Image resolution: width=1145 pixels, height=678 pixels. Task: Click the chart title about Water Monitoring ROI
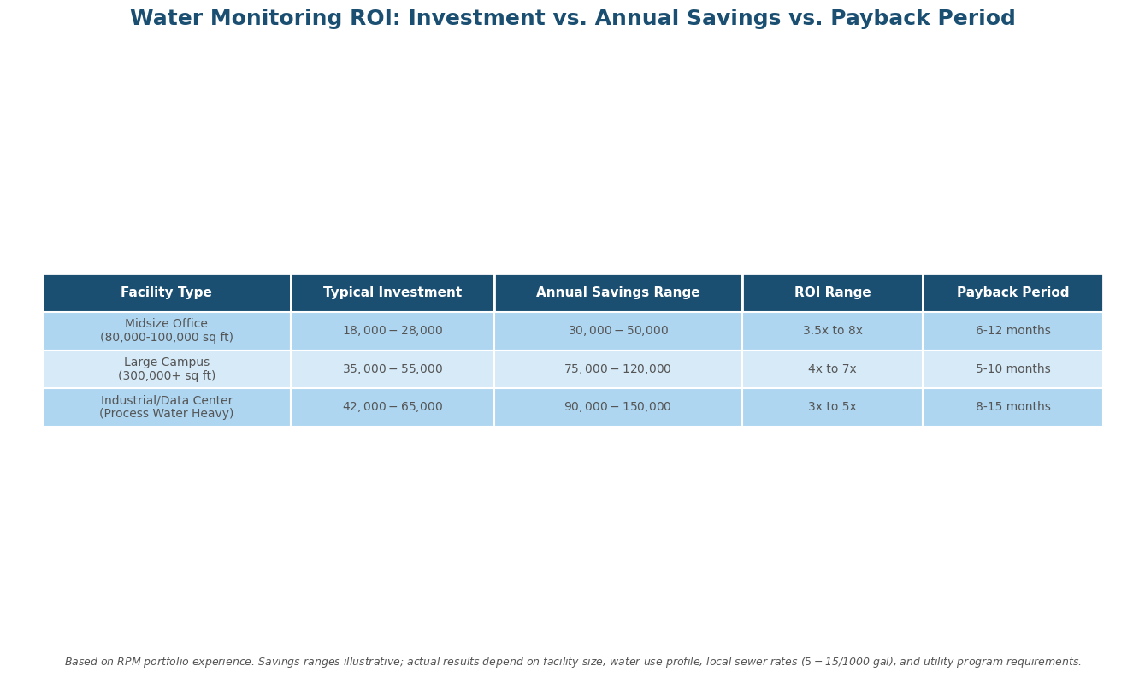[572, 19]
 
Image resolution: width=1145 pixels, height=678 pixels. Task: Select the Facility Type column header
[166, 292]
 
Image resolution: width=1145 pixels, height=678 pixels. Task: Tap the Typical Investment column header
[392, 292]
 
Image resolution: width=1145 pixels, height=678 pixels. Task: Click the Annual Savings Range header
[617, 292]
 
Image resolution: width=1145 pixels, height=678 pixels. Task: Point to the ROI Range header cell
[832, 292]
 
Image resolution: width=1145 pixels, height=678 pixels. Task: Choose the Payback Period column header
[1012, 292]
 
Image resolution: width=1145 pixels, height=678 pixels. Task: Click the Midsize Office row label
[166, 331]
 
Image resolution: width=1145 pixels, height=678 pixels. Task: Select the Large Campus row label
[166, 369]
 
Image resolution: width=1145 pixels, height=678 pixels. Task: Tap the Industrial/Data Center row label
[166, 407]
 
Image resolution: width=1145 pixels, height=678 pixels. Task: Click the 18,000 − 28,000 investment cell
[392, 331]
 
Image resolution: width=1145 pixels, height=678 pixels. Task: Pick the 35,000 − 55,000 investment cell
[392, 369]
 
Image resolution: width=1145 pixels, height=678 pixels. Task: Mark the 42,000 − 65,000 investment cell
[392, 407]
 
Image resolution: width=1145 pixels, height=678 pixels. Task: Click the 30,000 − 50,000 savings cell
[617, 331]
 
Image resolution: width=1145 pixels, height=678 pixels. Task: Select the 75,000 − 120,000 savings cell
[617, 369]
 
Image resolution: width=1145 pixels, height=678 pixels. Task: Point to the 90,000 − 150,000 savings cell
[617, 407]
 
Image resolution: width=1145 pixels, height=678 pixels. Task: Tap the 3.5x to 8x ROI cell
[832, 331]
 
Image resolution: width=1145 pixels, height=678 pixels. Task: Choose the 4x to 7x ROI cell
[832, 369]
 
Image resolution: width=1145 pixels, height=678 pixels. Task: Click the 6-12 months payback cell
[1012, 331]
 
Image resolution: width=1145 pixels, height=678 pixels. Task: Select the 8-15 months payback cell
[1012, 407]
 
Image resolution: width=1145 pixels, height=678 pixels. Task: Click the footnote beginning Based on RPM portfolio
[572, 662]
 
